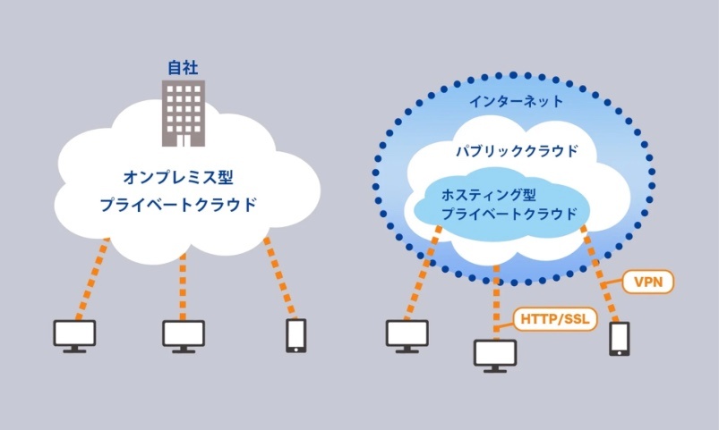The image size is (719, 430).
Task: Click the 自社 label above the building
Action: [x=183, y=68]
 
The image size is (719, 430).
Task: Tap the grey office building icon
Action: [x=184, y=114]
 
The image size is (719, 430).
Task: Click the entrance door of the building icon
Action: [x=184, y=140]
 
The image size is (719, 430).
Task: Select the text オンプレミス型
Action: [x=178, y=177]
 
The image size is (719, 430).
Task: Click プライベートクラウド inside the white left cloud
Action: [x=178, y=204]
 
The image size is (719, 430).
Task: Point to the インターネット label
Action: [x=516, y=101]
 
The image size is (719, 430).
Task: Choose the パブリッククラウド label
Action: [x=517, y=151]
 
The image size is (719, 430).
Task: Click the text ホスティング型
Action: [x=489, y=195]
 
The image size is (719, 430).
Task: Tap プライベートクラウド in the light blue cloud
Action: [x=509, y=214]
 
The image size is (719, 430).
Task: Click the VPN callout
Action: [x=648, y=282]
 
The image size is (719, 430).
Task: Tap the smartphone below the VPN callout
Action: [x=619, y=339]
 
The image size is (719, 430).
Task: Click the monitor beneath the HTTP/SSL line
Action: [x=495, y=356]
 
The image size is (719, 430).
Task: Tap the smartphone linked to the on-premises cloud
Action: [x=296, y=335]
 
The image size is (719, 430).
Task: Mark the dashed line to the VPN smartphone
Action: [x=601, y=274]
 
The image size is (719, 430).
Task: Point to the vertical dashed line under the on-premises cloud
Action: [x=183, y=287]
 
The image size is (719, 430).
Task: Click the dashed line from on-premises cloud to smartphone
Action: [x=279, y=278]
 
